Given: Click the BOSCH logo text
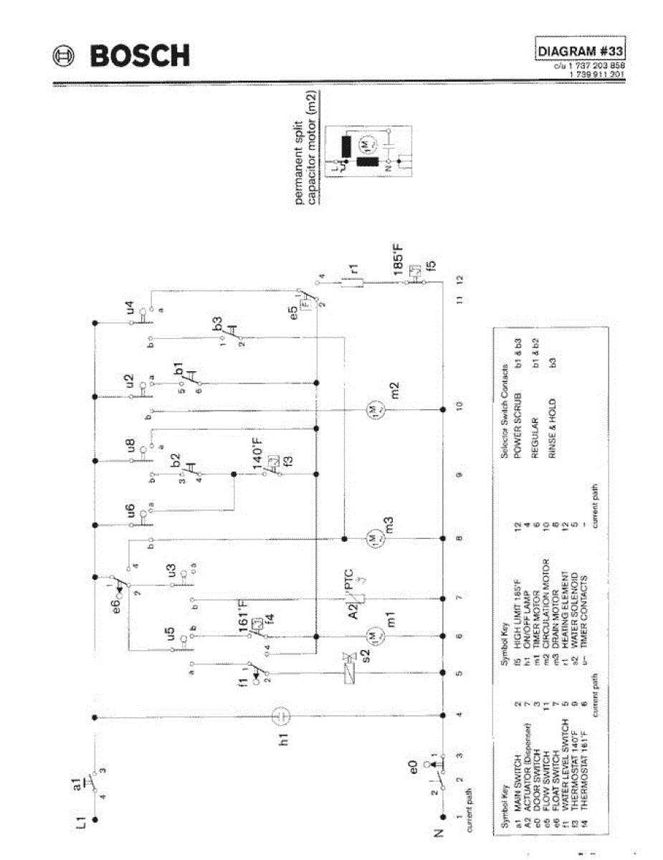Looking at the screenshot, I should [139, 56].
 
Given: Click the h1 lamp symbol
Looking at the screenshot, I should [282, 715].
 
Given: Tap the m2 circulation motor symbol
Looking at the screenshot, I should [375, 409].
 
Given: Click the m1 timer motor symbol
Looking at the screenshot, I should [374, 635].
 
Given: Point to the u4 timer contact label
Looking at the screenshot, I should [130, 310].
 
